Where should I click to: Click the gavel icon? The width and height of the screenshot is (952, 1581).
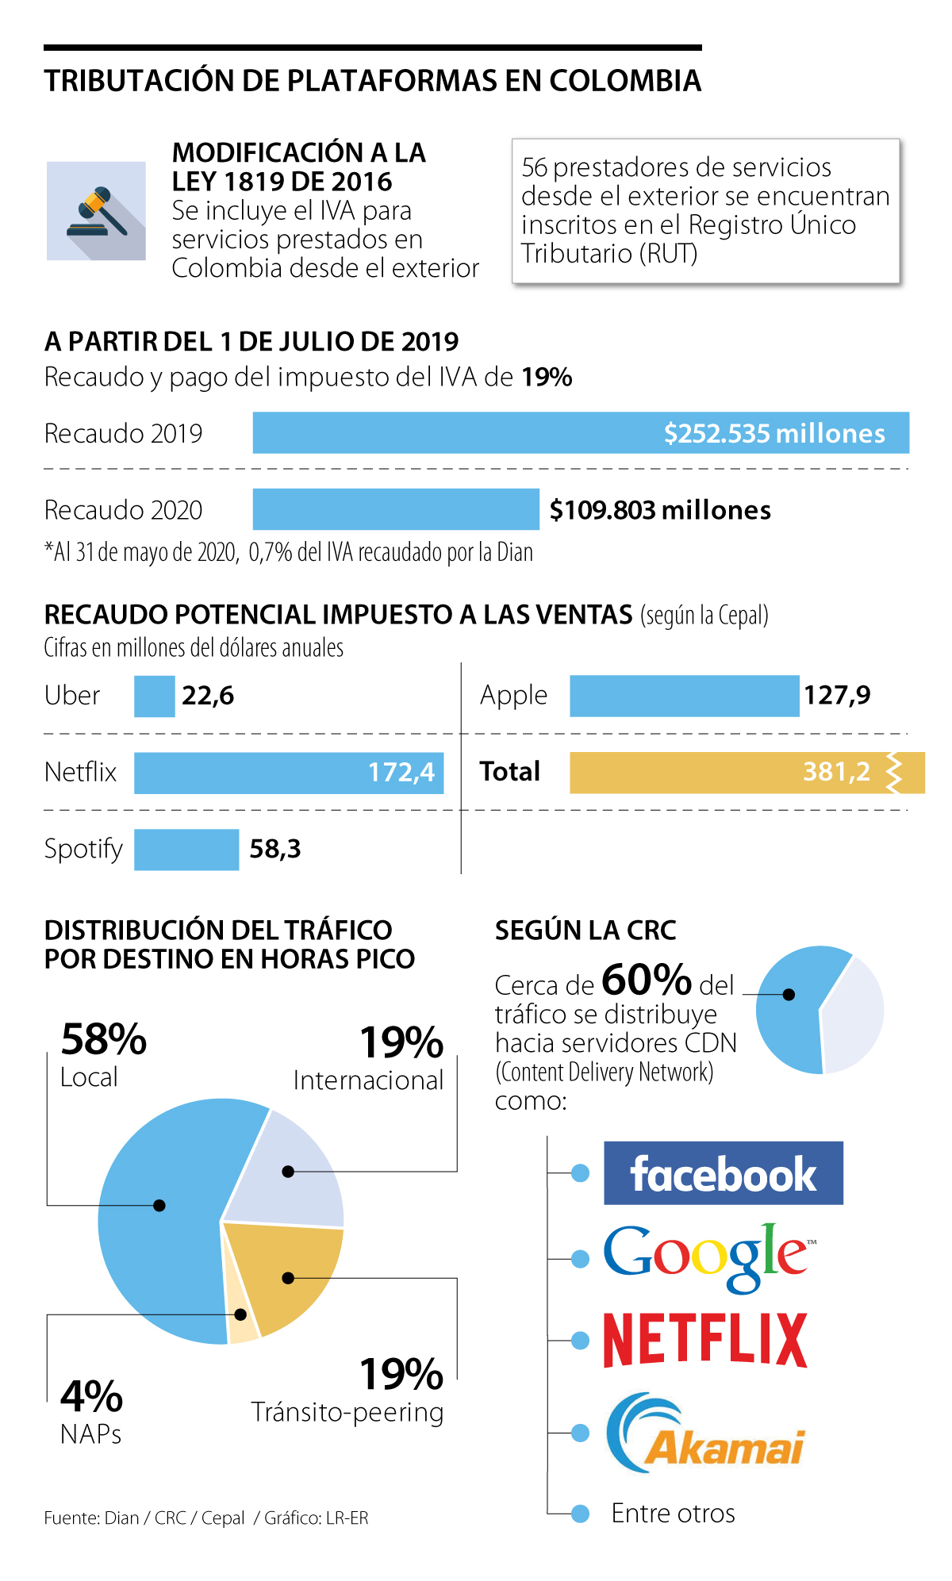[x=96, y=211]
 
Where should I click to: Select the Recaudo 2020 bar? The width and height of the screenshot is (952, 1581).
[x=395, y=509]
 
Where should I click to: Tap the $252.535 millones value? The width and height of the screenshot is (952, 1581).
[x=774, y=433]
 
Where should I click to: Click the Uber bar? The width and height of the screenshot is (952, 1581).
[x=154, y=696]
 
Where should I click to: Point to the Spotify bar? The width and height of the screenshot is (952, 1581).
[x=186, y=849]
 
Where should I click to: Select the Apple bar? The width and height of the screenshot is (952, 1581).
[x=684, y=696]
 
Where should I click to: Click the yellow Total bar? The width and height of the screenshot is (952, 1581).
[x=714, y=772]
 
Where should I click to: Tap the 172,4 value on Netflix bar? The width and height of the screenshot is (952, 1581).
[x=401, y=772]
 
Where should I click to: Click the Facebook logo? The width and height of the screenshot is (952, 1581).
[x=723, y=1173]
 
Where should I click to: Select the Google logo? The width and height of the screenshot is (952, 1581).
[x=706, y=1257]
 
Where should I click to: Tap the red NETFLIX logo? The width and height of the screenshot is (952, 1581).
[x=705, y=1340]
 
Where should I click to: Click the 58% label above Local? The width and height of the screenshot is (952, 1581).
[x=103, y=1039]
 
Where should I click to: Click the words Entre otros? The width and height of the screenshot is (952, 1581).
[x=673, y=1514]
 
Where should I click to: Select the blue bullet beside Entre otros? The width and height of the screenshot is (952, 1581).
[x=580, y=1514]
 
